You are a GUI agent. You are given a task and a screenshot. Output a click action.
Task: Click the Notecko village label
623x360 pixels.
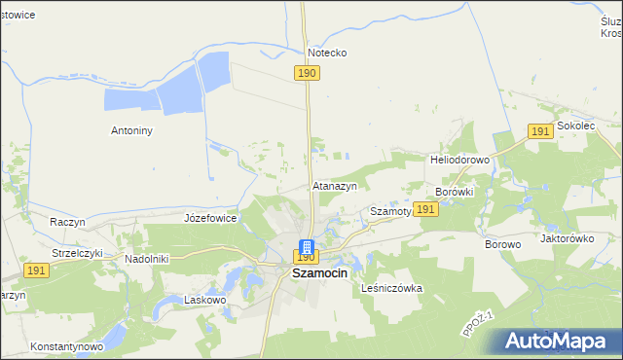click(x=327, y=53)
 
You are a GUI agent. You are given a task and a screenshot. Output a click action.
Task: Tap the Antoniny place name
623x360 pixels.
click(x=134, y=128)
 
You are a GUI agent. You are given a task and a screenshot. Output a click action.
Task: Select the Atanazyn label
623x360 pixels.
click(x=335, y=185)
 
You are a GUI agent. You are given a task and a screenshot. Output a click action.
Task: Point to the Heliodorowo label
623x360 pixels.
click(x=458, y=159)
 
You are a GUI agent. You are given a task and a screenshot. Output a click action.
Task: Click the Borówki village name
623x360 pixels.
click(x=455, y=192)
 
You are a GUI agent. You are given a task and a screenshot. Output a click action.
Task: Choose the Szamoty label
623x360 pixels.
click(x=391, y=210)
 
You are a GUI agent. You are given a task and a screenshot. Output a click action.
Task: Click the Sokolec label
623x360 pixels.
click(x=577, y=126)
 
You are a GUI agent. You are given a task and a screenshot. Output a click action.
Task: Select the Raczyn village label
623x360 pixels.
click(x=68, y=222)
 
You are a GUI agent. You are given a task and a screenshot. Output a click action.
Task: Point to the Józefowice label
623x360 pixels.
click(x=210, y=218)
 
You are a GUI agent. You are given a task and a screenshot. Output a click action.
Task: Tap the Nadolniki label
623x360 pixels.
click(x=147, y=259)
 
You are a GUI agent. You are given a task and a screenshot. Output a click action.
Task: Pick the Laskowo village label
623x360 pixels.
click(x=205, y=301)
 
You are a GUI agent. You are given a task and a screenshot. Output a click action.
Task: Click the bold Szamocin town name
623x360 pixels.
click(x=320, y=274)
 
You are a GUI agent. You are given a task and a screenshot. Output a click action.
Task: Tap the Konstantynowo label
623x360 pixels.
click(x=66, y=346)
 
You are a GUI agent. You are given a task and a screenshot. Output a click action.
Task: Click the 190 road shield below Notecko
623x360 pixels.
click(x=307, y=73)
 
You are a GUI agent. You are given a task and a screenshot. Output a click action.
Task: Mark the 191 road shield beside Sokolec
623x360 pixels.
click(x=541, y=131)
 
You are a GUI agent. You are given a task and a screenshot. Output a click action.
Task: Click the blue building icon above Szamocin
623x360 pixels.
click(x=306, y=247)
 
